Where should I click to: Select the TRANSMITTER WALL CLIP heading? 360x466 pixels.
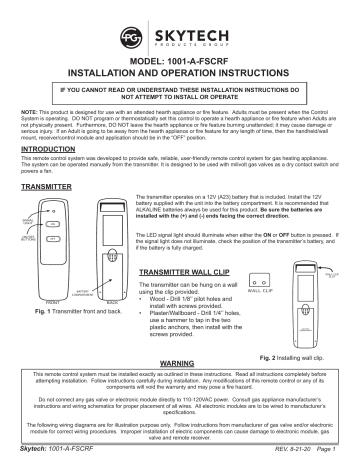point(183,243)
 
